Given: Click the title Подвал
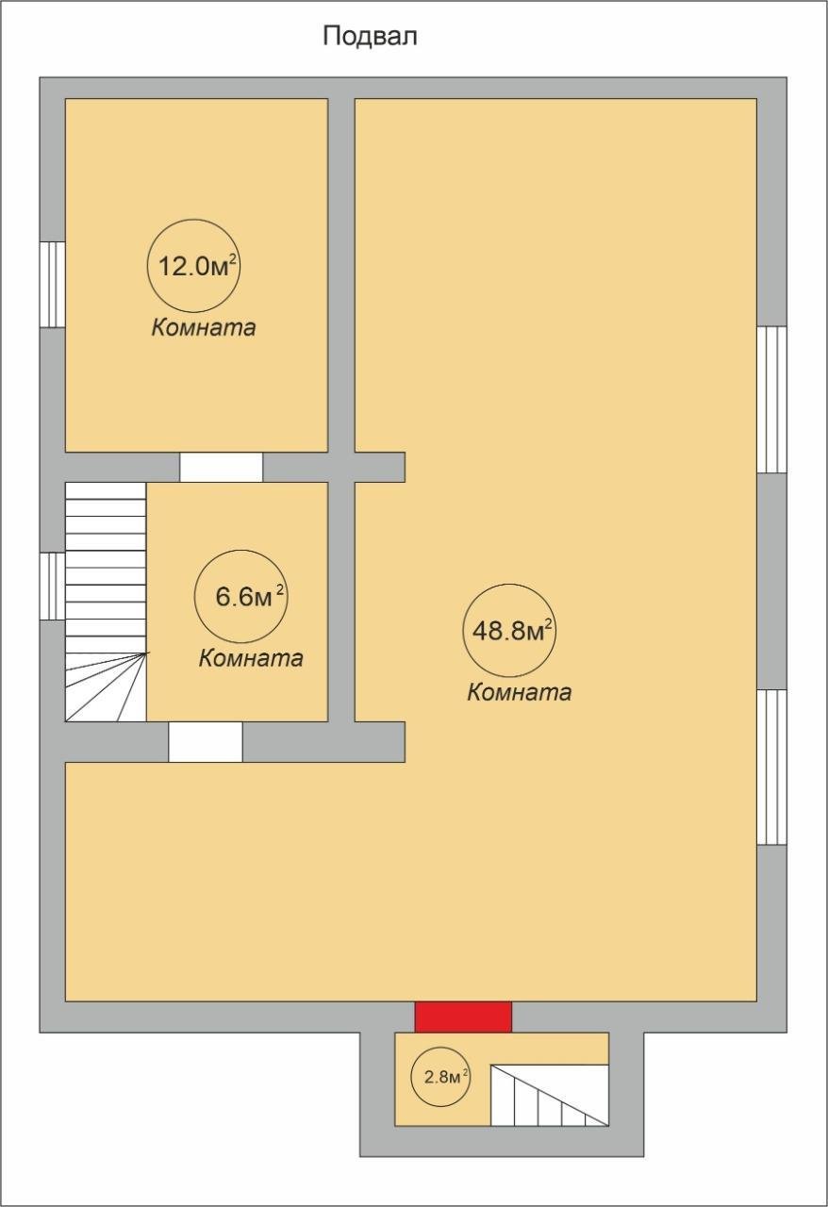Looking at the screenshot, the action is coord(370,38).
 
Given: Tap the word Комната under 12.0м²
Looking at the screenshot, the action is coord(203,327).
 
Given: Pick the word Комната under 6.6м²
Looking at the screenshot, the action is coord(251,658).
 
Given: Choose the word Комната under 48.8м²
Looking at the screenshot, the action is coord(519,692).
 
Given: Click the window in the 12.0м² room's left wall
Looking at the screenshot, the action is coord(53,284).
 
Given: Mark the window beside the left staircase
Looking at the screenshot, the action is coord(53,587).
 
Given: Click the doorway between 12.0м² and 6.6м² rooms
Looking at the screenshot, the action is coord(221,467).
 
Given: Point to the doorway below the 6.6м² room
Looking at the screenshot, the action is coord(206,741).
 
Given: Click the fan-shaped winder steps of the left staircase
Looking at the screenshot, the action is coord(106,686).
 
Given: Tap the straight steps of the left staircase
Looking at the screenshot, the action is coord(106,567).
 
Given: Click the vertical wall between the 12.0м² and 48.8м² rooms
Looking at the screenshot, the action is coord(341,275).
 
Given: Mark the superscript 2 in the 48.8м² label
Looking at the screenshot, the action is coord(548,624).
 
